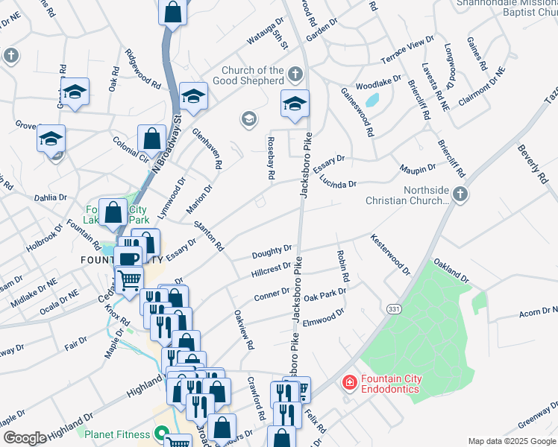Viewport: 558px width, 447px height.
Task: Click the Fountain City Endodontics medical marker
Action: point(348,384)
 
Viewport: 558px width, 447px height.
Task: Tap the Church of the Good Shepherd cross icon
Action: point(295,74)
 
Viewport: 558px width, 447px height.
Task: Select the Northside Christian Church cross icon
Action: point(460,195)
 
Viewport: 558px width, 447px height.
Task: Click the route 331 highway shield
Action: point(395,308)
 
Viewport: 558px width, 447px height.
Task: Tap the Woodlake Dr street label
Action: point(380,85)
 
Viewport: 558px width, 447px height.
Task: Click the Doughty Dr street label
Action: point(272,252)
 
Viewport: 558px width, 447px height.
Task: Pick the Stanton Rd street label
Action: point(209,235)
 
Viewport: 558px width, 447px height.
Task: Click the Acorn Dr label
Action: point(537,313)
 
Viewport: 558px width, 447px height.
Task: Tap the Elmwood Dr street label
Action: point(323,316)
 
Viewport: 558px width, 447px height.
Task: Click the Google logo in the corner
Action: point(25,438)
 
